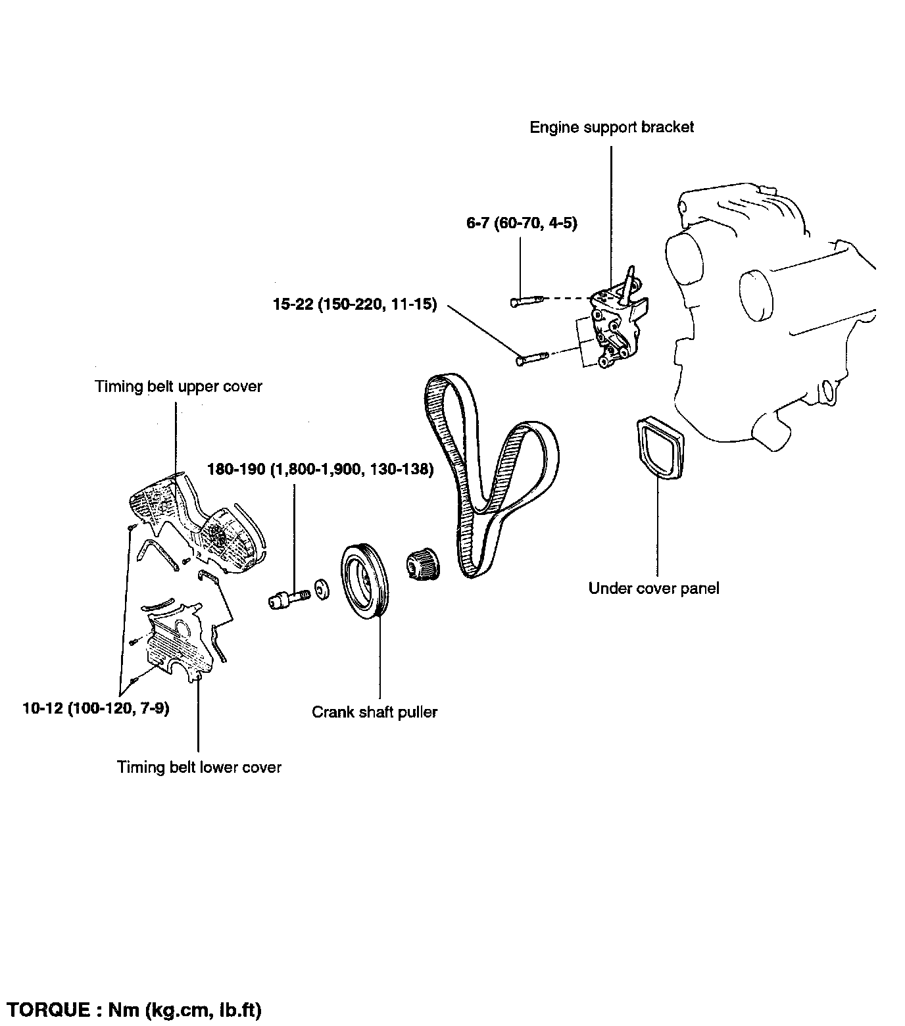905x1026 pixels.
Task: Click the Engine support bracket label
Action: [x=612, y=127]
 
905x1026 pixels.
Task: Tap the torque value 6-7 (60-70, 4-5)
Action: [x=522, y=224]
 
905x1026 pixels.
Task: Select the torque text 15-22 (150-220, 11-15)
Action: [x=355, y=305]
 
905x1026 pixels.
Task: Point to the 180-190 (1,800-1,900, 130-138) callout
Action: [x=320, y=470]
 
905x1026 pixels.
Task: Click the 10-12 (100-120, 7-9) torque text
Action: [x=95, y=709]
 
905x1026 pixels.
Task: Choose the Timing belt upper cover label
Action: [x=179, y=386]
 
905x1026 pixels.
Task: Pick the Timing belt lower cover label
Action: [x=199, y=767]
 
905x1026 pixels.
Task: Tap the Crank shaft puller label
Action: [x=375, y=712]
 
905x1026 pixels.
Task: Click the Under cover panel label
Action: [x=654, y=588]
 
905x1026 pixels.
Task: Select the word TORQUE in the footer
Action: [x=48, y=1010]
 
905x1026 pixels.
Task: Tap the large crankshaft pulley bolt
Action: [x=289, y=598]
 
